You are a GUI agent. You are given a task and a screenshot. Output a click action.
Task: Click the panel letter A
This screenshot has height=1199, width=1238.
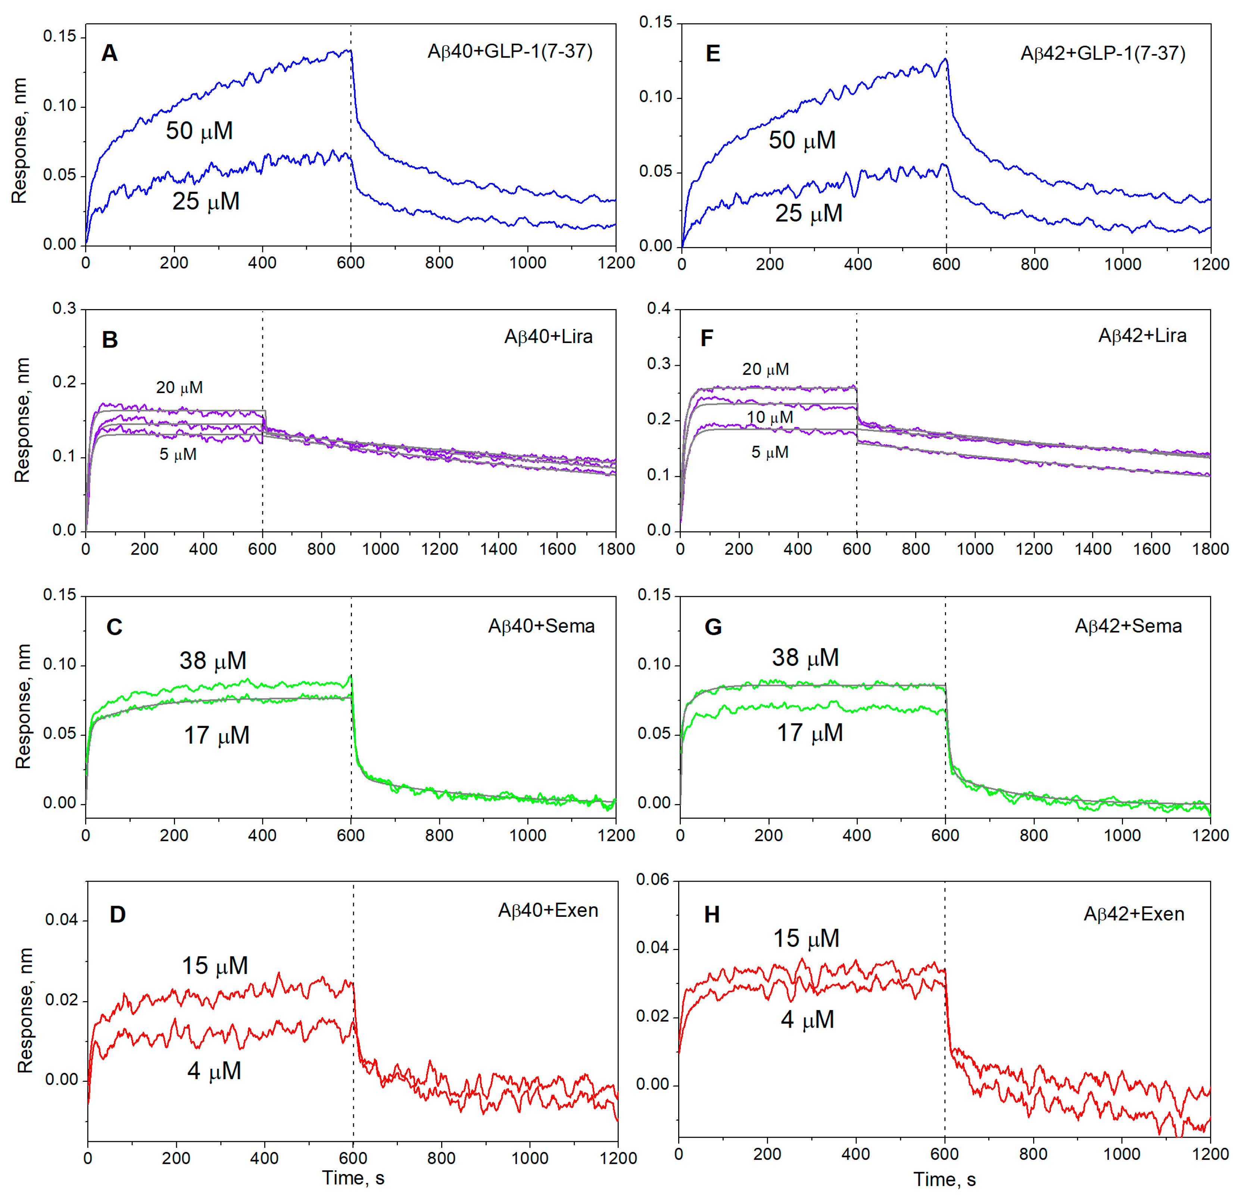(109, 54)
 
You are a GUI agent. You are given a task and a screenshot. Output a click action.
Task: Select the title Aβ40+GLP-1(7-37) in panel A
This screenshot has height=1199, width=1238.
(510, 51)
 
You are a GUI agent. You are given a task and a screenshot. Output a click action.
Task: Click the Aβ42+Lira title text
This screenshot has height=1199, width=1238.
(1142, 336)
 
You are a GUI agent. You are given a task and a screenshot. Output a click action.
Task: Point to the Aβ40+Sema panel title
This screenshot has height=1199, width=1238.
(541, 626)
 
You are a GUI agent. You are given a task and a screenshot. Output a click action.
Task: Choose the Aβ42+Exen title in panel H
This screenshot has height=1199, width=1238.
(1134, 914)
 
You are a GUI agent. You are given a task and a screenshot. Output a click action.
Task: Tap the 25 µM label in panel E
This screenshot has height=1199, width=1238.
(808, 214)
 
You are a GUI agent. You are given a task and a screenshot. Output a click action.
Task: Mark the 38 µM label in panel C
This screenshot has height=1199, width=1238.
(213, 661)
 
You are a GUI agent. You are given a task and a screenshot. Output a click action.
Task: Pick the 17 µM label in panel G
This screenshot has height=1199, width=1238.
(810, 733)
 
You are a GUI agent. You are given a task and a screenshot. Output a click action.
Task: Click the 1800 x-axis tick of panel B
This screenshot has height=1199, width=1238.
(616, 549)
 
